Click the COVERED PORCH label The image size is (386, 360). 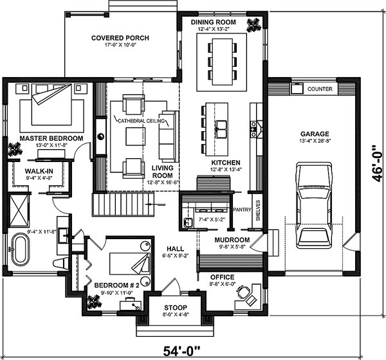(120, 38)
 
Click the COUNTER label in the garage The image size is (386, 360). (320, 88)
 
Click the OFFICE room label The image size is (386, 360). (222, 277)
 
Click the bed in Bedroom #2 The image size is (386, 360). (126, 264)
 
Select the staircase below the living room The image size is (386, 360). (124, 207)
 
